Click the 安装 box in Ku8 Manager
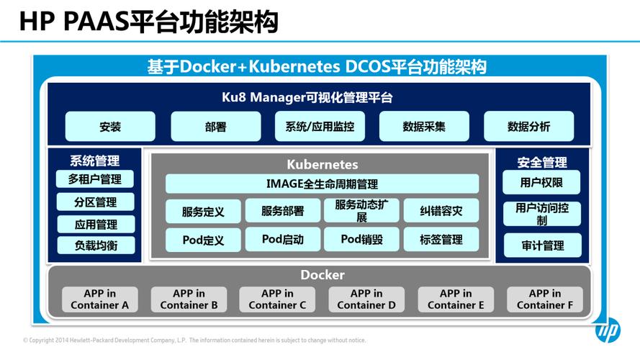tap(110, 127)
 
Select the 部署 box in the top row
tap(215, 127)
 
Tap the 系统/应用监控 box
tap(320, 127)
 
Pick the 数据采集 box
tap(424, 127)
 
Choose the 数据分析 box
tap(528, 127)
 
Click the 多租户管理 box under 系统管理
tap(95, 179)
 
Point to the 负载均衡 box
tap(95, 246)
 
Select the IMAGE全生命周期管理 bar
tap(322, 184)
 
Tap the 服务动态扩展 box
tap(361, 211)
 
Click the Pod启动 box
tap(282, 240)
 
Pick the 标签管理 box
tap(441, 240)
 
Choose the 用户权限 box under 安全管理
tap(541, 183)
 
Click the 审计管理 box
tap(542, 246)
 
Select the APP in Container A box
tap(99, 299)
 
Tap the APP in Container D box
tap(366, 299)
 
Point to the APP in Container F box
tap(544, 299)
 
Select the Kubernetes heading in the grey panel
tap(322, 165)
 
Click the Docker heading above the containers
tap(322, 275)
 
